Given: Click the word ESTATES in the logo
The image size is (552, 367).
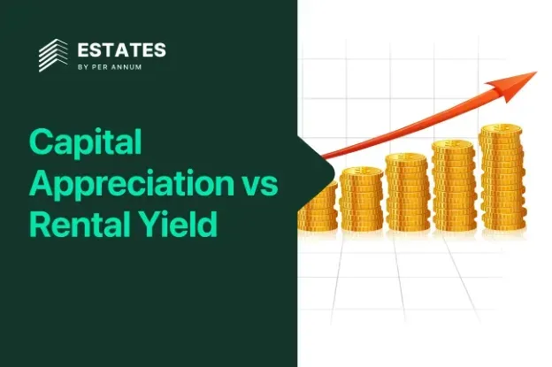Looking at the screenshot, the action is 121,50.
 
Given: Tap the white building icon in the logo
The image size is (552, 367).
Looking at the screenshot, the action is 53,55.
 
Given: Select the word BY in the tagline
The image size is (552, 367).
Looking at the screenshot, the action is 83,67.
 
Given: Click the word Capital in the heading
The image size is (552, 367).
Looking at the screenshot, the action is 86,141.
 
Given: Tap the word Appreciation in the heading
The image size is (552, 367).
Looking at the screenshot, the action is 132,183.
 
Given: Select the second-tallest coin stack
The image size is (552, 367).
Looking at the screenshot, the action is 454,186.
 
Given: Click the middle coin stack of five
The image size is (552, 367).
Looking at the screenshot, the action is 407,192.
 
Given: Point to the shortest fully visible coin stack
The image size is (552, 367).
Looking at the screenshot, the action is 362,199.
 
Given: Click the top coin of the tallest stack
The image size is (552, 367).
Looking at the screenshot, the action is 501,128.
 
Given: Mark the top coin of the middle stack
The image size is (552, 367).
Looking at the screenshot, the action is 407,157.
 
